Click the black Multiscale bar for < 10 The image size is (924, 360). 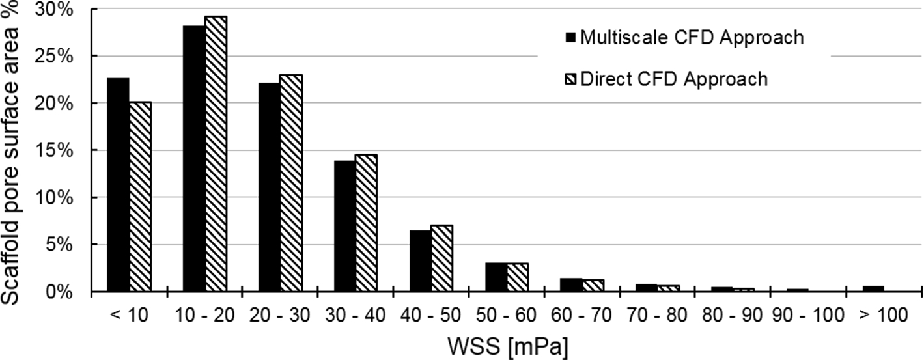click(119, 185)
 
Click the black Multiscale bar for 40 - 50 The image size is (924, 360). click(420, 260)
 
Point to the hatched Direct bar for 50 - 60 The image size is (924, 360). click(518, 277)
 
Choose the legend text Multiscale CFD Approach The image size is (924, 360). click(692, 37)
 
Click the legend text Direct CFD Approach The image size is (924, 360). click(674, 79)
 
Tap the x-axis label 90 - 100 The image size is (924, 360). click(807, 316)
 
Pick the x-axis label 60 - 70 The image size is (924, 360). click(581, 316)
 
